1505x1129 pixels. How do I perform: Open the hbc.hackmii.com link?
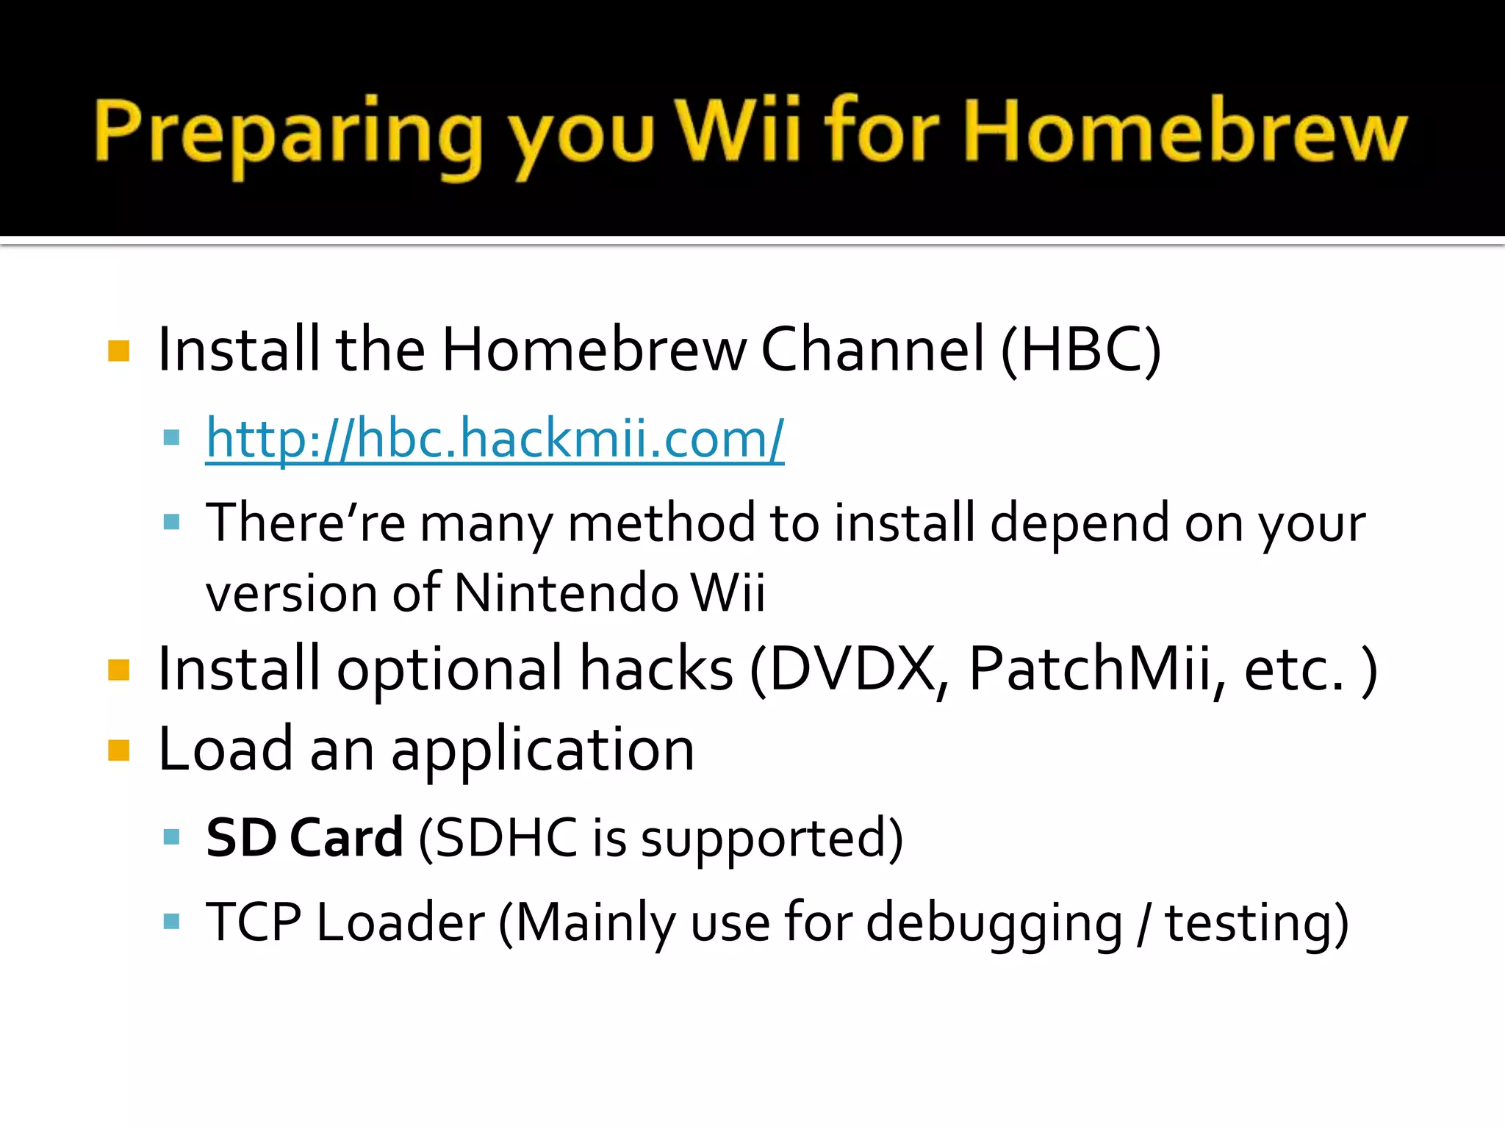(495, 439)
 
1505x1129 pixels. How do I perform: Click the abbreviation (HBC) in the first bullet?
(1080, 350)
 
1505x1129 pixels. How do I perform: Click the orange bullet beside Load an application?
(118, 750)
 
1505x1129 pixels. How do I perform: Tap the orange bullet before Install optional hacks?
(118, 670)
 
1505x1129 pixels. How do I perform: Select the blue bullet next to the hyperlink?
(171, 439)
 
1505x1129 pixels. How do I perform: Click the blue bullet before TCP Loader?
(171, 921)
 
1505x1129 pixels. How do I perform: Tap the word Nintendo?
(566, 592)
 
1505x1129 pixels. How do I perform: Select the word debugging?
(994, 924)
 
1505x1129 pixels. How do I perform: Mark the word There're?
(305, 523)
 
